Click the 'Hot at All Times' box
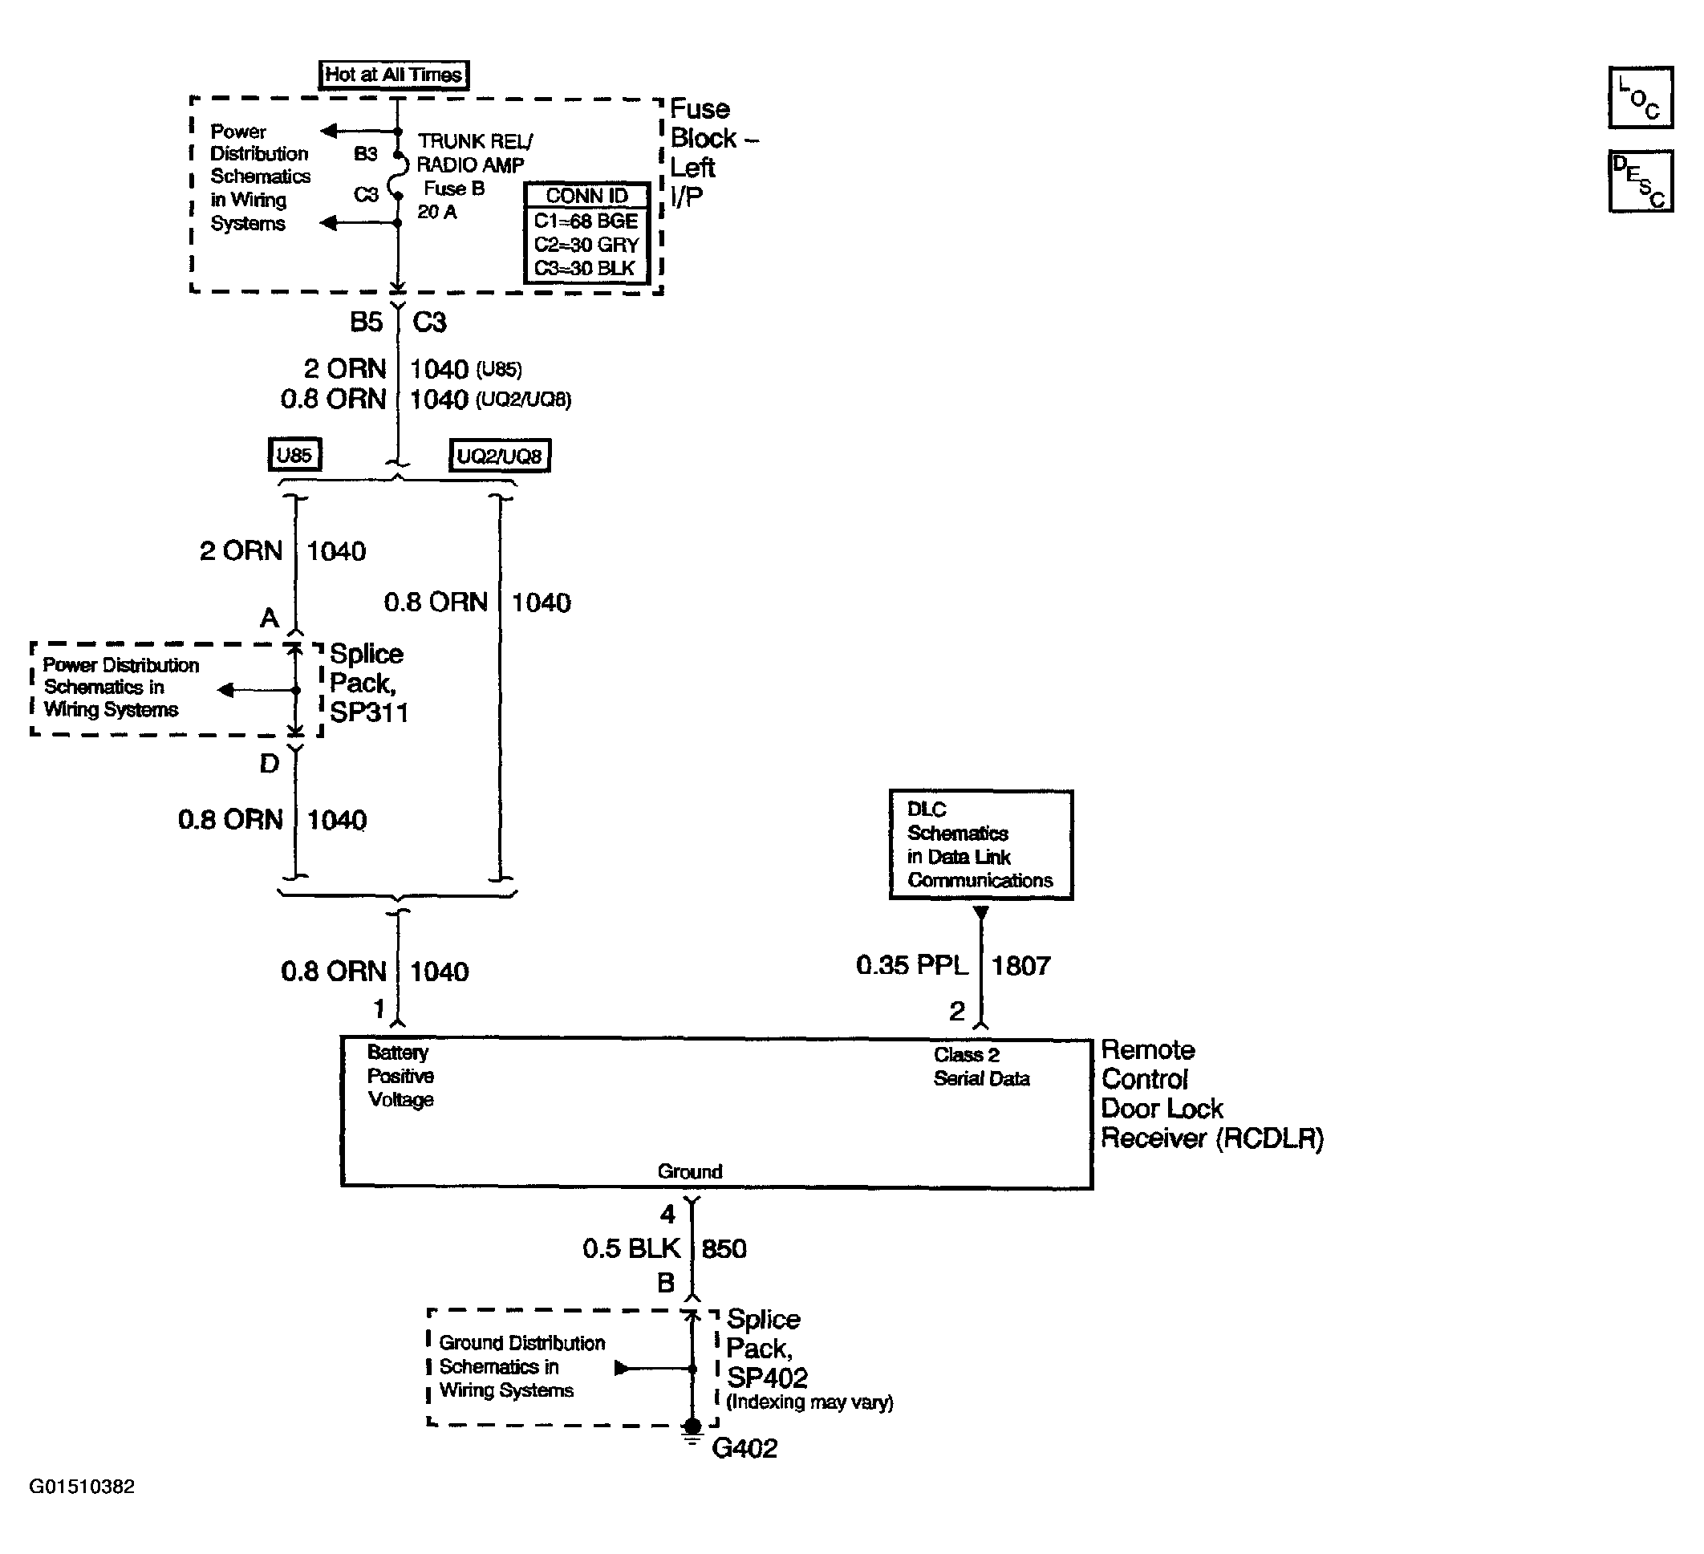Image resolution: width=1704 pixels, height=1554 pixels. pos(393,75)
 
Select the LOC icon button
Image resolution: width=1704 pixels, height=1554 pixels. pos(1640,97)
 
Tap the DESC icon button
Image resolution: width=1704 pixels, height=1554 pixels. pos(1640,181)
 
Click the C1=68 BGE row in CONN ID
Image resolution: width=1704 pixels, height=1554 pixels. pos(586,221)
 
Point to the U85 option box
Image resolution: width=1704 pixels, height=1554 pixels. pos(294,456)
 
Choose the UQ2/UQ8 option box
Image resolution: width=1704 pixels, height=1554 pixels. pos(499,456)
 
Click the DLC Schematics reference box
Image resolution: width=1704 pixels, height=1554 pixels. pos(980,844)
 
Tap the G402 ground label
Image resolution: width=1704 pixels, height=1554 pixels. pos(744,1447)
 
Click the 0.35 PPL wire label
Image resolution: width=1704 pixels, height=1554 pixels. pos(912,965)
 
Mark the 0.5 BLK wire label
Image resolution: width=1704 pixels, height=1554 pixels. pos(631,1248)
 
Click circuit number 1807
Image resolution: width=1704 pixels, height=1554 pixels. pos(1020,965)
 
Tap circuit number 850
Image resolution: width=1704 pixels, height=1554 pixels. pos(724,1248)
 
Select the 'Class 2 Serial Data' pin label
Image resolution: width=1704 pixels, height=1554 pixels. pos(981,1066)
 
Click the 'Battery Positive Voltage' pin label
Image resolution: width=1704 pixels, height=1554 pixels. pos(400,1076)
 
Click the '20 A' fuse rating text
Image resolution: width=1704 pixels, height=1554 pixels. pos(437,212)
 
